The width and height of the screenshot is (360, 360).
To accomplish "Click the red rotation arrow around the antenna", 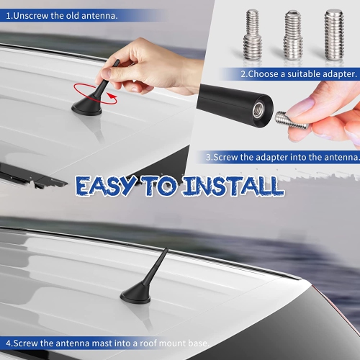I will coord(85,91).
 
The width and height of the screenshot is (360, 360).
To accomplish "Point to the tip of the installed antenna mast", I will coord(168,250).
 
